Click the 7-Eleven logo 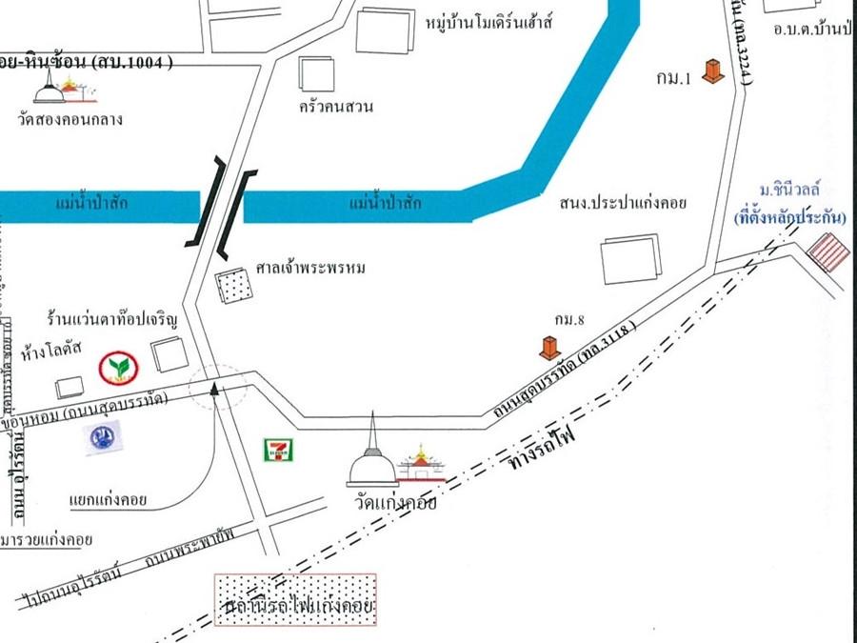click(x=278, y=448)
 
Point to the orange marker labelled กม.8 click(x=549, y=348)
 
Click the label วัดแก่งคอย click(x=392, y=503)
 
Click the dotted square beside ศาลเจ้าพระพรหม click(x=231, y=286)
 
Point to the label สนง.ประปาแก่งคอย click(x=623, y=203)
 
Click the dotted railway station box click(x=295, y=600)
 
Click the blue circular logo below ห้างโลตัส click(x=103, y=436)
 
